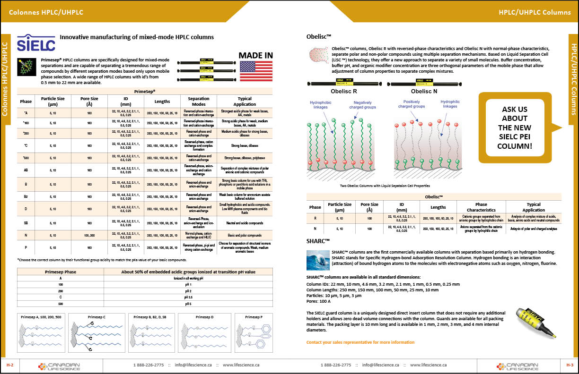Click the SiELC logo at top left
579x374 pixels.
point(36,42)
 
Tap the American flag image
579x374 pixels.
point(255,71)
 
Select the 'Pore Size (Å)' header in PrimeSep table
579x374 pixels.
point(89,102)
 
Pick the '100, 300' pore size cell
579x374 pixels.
point(89,235)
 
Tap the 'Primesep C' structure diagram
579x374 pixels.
point(97,336)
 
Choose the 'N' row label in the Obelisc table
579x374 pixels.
point(315,229)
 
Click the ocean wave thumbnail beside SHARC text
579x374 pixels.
point(318,260)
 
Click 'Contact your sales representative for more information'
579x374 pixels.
point(360,342)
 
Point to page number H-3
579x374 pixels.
point(569,365)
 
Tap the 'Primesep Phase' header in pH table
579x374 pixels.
point(60,272)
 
